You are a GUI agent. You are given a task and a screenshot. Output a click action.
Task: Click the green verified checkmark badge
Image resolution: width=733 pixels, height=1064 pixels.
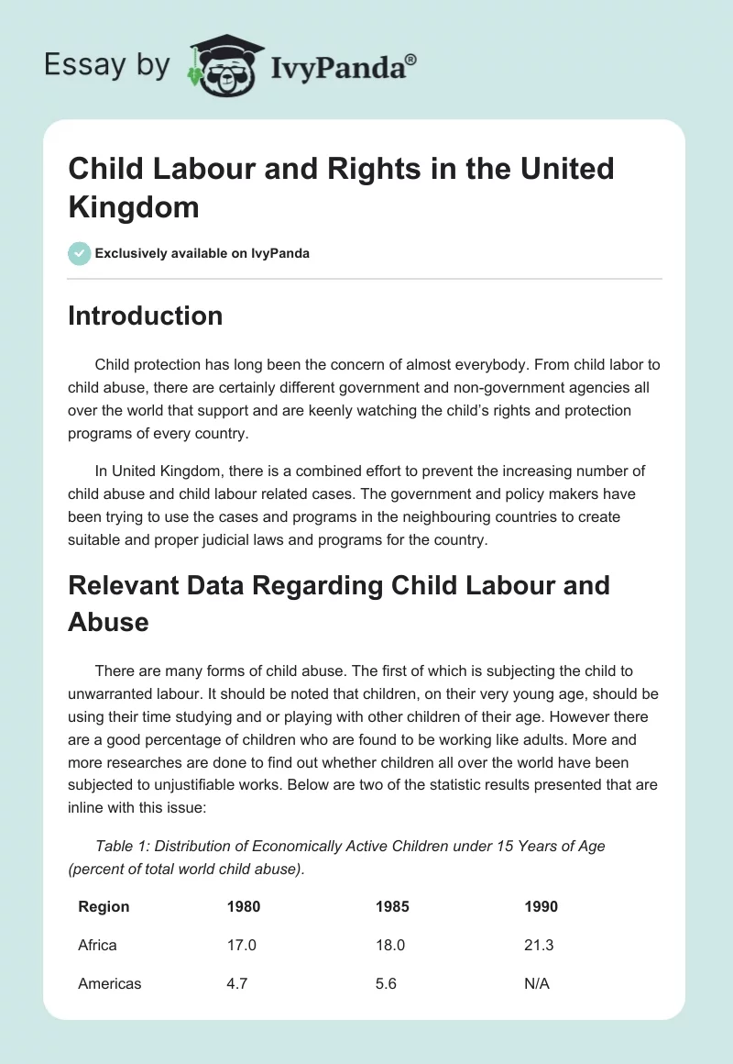(80, 253)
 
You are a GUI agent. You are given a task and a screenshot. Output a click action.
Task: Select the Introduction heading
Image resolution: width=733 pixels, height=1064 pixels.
(146, 316)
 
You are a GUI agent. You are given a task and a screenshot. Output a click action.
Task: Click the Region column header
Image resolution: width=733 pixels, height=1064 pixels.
(104, 906)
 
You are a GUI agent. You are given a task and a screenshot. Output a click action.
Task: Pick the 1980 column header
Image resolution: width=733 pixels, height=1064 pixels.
(244, 906)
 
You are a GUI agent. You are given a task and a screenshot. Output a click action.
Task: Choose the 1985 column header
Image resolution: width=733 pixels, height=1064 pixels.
(392, 906)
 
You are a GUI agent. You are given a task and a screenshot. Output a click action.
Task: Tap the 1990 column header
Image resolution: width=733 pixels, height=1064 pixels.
(541, 906)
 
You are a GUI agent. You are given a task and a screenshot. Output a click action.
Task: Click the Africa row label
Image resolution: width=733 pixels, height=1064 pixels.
(97, 945)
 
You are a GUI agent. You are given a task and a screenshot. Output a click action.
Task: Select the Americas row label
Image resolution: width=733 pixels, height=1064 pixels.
(110, 983)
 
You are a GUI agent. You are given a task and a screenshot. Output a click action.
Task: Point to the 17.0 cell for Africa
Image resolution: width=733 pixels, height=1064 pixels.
(241, 945)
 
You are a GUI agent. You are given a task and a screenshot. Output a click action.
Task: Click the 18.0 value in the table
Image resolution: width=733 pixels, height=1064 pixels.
(389, 945)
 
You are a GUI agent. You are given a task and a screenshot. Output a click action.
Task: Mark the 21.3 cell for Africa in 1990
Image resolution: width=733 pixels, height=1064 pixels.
(539, 945)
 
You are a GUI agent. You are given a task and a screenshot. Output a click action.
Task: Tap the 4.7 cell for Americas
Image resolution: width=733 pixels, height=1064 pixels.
(237, 983)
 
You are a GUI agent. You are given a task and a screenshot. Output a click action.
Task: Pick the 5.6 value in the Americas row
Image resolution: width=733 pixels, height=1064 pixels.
(386, 983)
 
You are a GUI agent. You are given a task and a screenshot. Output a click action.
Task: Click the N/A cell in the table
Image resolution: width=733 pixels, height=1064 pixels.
(537, 983)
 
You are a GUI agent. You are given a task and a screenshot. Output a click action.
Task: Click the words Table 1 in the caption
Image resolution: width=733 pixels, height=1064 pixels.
(123, 846)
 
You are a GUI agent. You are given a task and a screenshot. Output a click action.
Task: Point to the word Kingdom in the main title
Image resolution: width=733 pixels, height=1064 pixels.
(134, 206)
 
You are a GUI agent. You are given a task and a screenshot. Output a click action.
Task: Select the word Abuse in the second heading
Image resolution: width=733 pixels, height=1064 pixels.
(108, 622)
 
